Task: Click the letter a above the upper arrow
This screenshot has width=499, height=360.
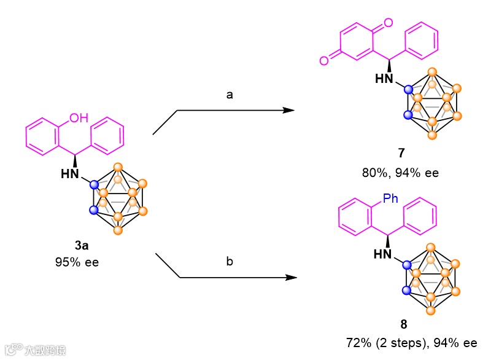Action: pos(230,96)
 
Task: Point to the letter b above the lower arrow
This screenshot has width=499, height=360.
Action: pos(230,262)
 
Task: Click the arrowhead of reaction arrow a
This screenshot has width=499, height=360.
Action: pos(288,110)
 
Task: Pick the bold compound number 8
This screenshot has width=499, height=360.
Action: pos(403,324)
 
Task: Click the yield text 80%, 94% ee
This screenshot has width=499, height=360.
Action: pos(400,173)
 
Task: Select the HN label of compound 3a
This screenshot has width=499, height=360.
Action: pos(71,174)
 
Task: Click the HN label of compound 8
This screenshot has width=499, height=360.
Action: pos(384,254)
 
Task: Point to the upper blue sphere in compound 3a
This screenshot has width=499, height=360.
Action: pos(95,184)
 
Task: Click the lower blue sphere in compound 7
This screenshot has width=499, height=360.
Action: pos(407,115)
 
